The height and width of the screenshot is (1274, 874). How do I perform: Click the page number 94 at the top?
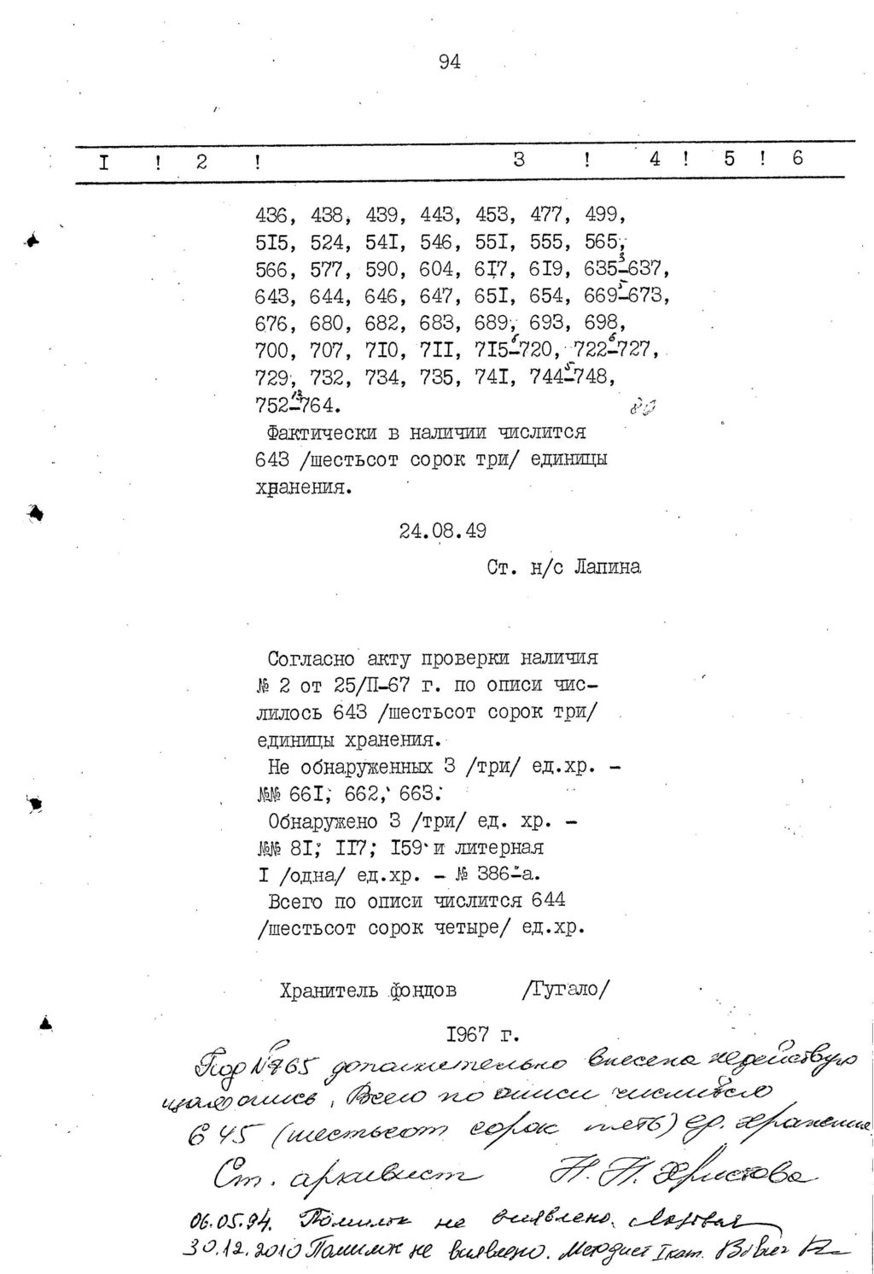(449, 61)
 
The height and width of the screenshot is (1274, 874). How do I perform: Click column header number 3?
(518, 159)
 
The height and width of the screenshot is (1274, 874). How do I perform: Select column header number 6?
(797, 158)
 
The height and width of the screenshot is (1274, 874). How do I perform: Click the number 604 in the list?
(436, 270)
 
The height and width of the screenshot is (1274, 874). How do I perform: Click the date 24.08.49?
(442, 531)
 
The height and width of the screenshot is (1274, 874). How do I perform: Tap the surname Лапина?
(608, 567)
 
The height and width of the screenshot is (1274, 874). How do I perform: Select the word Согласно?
(312, 659)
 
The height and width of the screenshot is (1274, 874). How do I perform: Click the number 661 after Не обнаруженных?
(304, 795)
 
